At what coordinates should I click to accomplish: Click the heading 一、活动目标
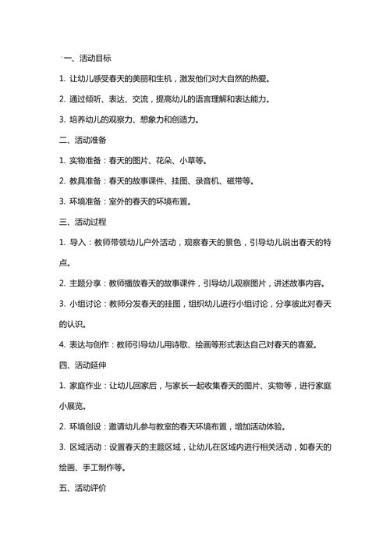click(x=87, y=58)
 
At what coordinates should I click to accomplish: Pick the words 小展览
click(x=72, y=406)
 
